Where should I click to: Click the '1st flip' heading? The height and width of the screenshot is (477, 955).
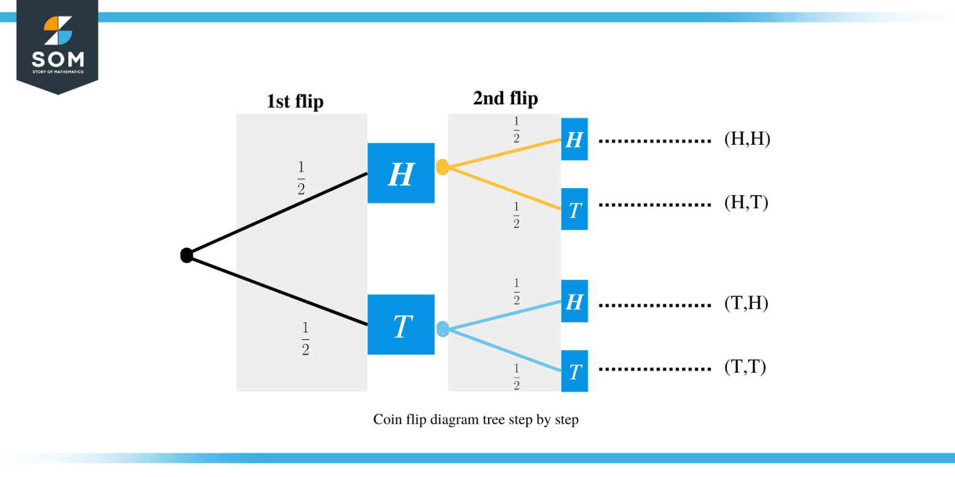(295, 101)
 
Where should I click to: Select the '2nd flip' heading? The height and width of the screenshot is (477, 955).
(505, 98)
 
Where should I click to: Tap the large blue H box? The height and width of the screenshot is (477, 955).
(401, 173)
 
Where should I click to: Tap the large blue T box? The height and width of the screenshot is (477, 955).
(401, 324)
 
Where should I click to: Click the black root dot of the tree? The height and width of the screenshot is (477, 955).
(187, 255)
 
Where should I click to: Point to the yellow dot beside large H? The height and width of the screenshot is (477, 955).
(442, 167)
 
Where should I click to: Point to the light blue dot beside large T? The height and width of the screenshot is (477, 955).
(442, 329)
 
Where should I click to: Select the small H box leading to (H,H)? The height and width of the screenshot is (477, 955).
(574, 139)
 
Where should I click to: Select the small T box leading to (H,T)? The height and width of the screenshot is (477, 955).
(574, 209)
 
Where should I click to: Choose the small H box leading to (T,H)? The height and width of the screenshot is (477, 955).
(574, 301)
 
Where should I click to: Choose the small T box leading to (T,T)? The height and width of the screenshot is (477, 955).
(574, 371)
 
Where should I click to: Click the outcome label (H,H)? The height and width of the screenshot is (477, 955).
(747, 140)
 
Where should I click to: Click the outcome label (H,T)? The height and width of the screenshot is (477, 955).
(746, 203)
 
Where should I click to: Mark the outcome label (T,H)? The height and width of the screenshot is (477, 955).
(746, 303)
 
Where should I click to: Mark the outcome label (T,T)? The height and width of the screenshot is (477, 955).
(745, 367)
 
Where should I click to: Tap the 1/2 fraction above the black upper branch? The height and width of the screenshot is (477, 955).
(302, 178)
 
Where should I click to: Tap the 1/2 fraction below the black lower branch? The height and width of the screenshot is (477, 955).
(305, 338)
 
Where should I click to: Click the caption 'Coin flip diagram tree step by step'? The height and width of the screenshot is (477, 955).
(476, 420)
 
